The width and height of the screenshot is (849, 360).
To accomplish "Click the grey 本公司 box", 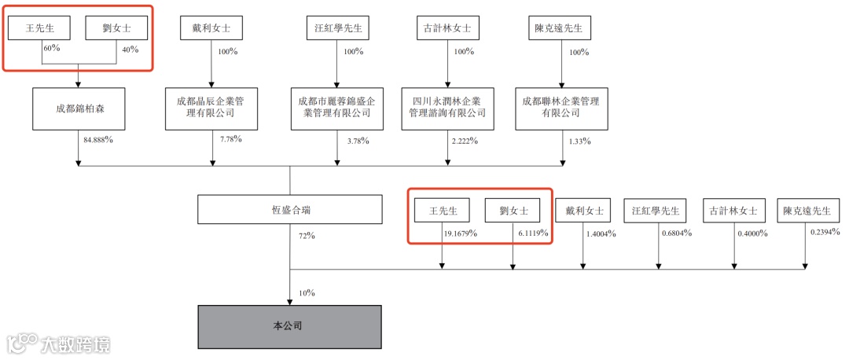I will click(289, 326).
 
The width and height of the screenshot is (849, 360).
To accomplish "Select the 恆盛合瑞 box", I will click(290, 210).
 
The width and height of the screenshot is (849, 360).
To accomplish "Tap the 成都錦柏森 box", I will click(79, 108).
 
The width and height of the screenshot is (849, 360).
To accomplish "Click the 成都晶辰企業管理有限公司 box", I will click(211, 108).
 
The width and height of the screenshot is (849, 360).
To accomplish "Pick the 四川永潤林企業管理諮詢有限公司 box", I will click(447, 108).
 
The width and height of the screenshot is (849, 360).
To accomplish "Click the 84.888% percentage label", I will click(98, 141).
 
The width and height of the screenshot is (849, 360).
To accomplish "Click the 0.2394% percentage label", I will click(825, 233).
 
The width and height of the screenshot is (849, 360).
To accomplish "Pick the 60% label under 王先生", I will click(51, 50).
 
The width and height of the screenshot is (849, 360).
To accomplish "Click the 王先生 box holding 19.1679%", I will click(442, 210).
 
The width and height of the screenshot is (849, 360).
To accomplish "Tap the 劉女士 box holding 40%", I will click(116, 28).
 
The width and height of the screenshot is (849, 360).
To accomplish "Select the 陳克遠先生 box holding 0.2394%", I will click(805, 210).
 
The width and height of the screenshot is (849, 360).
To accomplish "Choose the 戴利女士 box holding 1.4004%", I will click(583, 210).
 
